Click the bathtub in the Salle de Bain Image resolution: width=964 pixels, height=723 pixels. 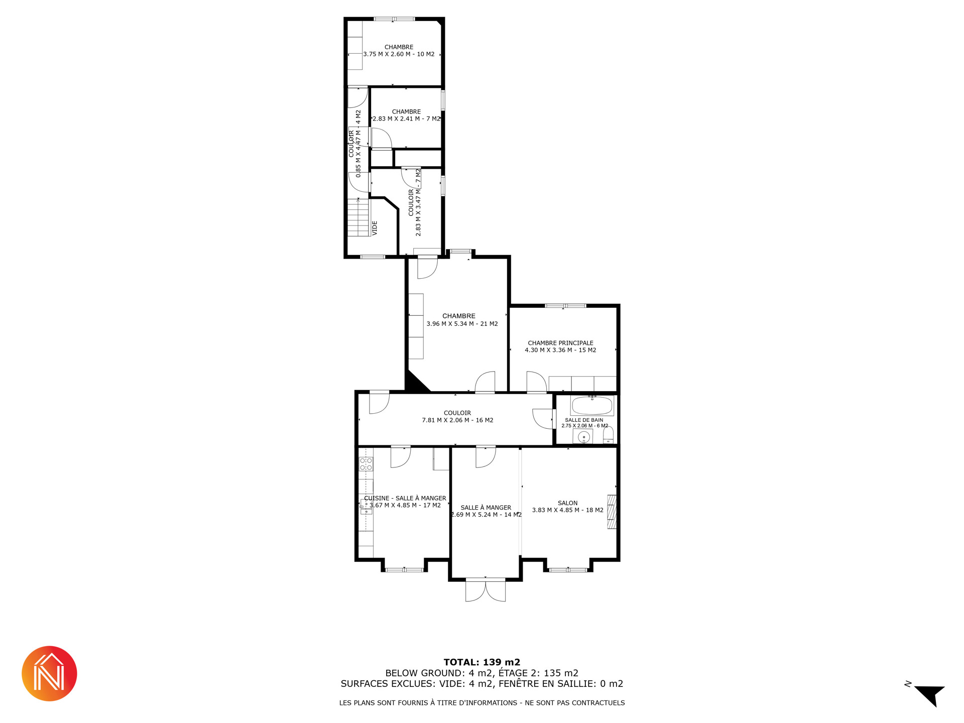(592, 406)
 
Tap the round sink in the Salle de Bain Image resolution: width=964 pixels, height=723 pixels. (583, 437)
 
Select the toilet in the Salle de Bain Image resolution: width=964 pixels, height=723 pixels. (608, 435)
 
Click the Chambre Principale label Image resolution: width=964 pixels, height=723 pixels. (560, 343)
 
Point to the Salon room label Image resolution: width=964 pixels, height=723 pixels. (567, 503)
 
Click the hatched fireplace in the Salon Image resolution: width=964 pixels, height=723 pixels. (612, 512)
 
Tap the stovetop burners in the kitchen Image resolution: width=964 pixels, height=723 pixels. (366, 464)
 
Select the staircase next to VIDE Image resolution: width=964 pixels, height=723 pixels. (358, 217)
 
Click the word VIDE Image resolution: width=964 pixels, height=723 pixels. (375, 228)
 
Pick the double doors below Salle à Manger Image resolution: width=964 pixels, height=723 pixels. (486, 590)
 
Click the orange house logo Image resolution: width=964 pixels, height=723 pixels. (49, 674)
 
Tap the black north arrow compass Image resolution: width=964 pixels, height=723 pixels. (930, 695)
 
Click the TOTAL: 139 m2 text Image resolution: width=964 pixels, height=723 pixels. (482, 662)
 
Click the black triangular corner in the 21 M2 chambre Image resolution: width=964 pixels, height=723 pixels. (414, 383)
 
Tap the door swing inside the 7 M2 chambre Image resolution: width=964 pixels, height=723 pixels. (382, 139)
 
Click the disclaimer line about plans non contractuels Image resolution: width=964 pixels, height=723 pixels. (482, 703)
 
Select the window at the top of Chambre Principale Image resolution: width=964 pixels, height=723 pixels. (565, 305)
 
